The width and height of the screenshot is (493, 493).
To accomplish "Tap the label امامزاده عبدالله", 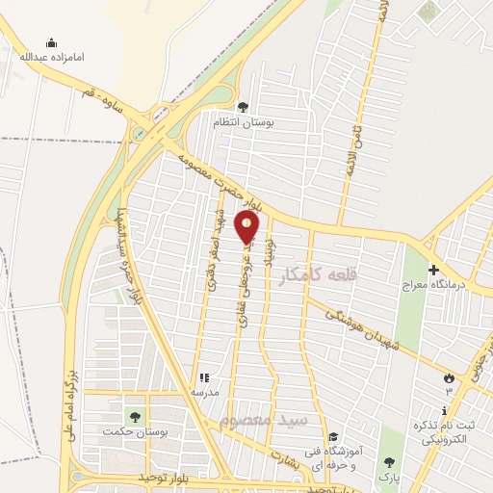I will coord(53,57).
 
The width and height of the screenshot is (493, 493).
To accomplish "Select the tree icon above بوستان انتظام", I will coord(242,107).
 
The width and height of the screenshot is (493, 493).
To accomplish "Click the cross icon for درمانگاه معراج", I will coord(433,270).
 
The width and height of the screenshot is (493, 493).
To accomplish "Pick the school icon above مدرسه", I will coord(203,378).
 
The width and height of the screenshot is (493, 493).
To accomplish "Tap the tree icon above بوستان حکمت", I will coord(135,417).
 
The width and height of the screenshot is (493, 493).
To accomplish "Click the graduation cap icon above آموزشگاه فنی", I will coord(333,436).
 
